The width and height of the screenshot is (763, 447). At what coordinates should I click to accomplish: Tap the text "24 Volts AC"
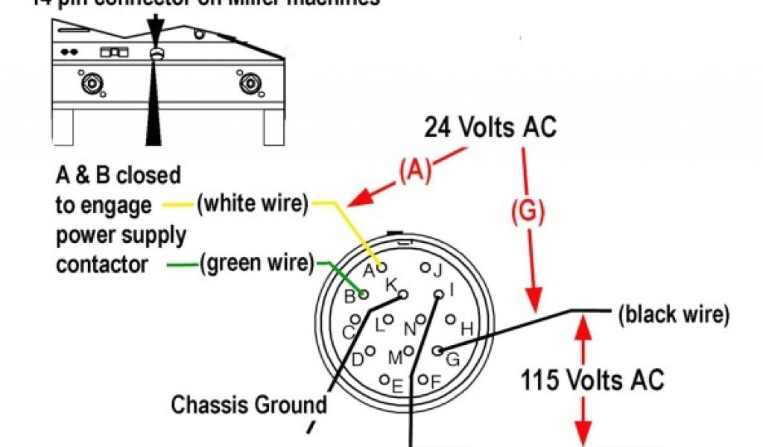tap(490, 127)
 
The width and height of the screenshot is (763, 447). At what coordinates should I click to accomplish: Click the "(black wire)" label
tap(674, 314)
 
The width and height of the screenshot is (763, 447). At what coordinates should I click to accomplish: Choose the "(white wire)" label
tap(252, 203)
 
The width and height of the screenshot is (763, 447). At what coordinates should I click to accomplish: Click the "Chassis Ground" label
tap(249, 405)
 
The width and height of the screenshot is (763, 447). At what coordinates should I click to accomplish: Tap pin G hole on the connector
tap(438, 349)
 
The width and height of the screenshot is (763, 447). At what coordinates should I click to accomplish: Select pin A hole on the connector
tap(382, 265)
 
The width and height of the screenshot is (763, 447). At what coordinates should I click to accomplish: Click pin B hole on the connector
tap(364, 295)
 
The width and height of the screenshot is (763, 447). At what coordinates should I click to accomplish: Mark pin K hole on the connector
tap(403, 296)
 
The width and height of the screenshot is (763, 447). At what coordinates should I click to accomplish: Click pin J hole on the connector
tap(425, 267)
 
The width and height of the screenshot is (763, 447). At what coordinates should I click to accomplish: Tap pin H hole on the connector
tap(450, 320)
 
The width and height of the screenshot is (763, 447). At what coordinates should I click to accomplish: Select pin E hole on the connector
tap(385, 378)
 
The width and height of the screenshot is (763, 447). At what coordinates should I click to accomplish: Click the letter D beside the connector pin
tap(358, 360)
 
